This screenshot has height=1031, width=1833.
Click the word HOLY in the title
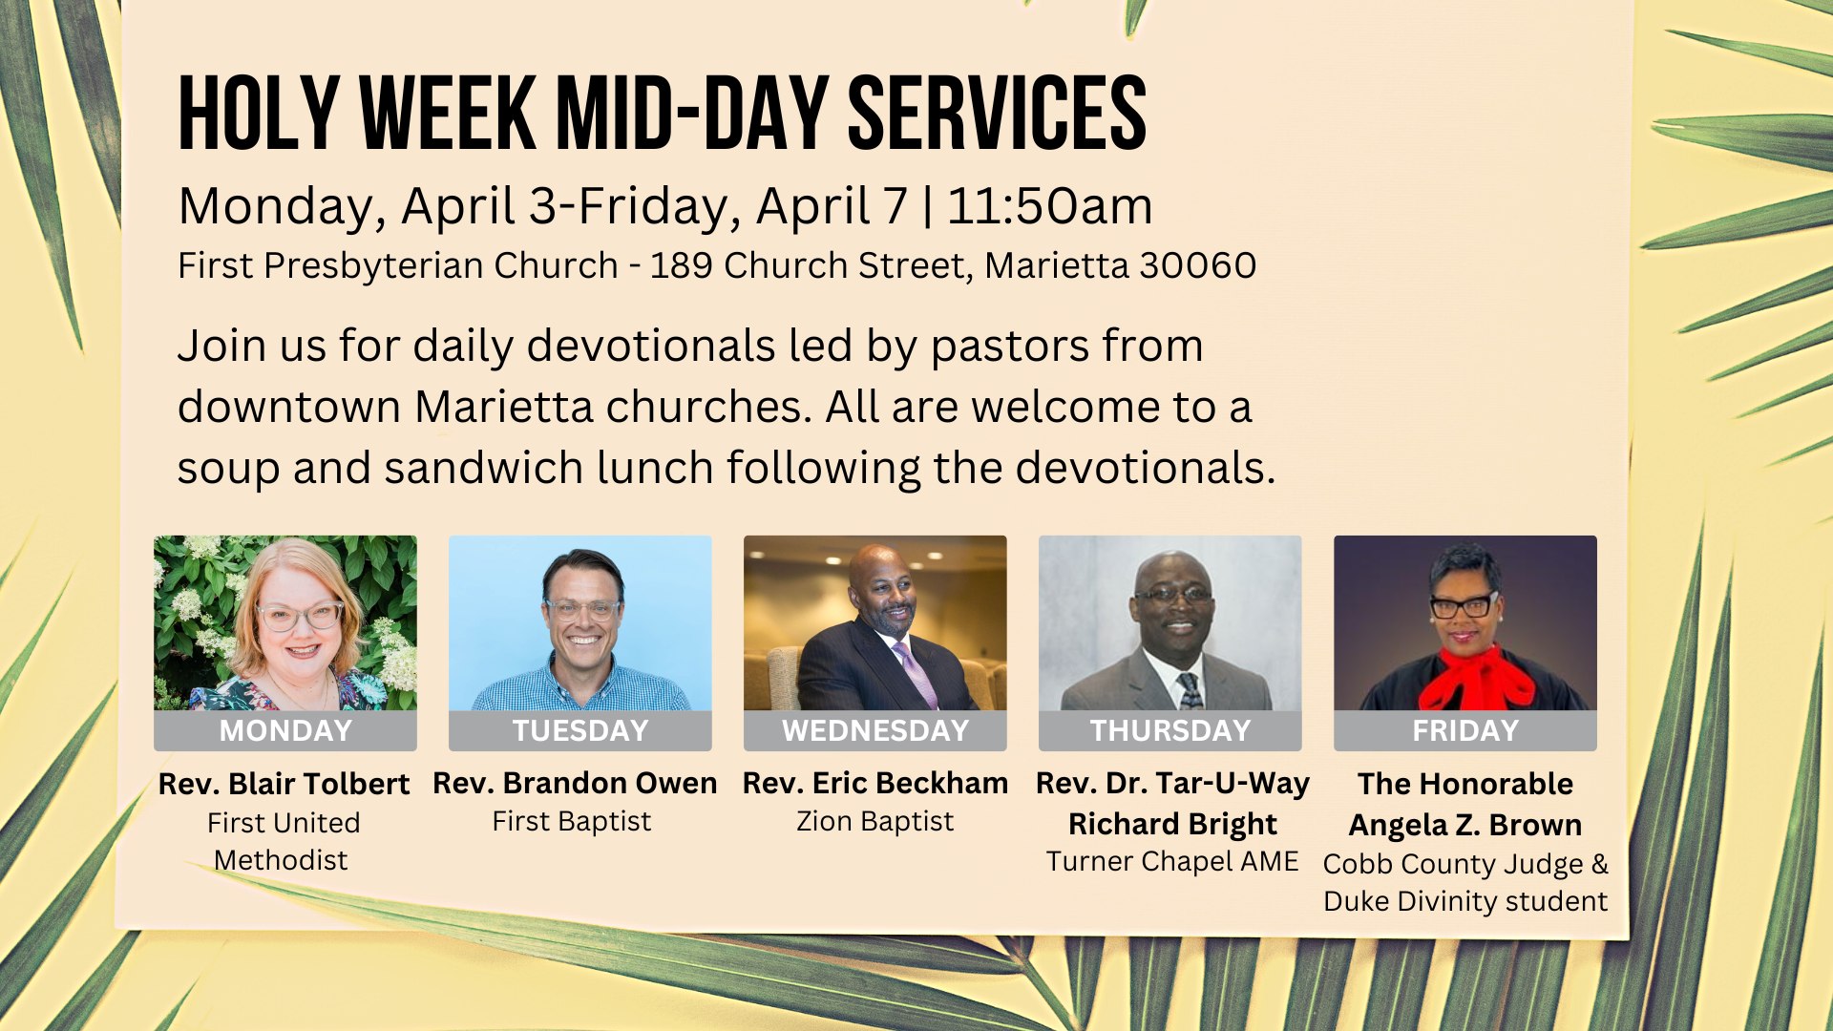[x=259, y=114]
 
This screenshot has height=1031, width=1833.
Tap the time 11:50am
[x=1050, y=206]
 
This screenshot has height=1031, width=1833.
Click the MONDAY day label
[x=285, y=731]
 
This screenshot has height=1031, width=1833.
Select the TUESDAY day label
[x=580, y=731]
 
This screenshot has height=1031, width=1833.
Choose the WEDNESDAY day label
[x=875, y=731]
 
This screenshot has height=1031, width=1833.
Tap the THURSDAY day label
[x=1170, y=731]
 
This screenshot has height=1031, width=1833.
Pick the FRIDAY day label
[x=1465, y=731]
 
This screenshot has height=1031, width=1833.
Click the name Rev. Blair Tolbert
[x=284, y=784]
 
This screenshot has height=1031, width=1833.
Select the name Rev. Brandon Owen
[x=575, y=783]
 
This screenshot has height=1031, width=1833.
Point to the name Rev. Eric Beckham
[x=875, y=783]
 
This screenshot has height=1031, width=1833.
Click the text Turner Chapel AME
[x=1172, y=861]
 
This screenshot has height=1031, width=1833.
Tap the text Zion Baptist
[x=875, y=821]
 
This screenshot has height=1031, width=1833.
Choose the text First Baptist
[x=572, y=821]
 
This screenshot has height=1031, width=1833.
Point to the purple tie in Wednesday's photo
[x=915, y=675]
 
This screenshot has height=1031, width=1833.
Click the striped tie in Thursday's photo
[x=1190, y=690]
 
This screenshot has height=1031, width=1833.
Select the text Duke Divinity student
[x=1465, y=901]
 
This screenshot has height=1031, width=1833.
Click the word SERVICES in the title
[x=997, y=114]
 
